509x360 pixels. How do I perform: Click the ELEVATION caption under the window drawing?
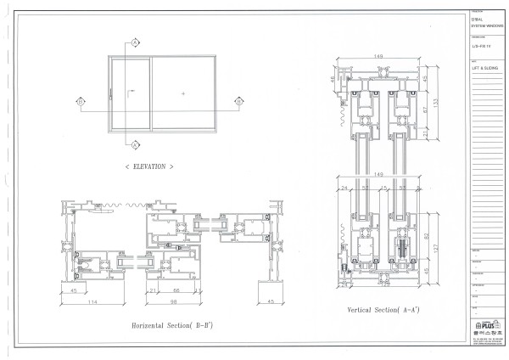pos(149,166)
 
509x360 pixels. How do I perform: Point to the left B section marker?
pos(81,101)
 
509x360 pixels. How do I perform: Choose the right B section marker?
pos(240,101)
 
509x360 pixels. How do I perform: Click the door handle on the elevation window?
pos(110,93)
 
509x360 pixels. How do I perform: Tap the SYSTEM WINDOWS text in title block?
pos(482,27)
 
